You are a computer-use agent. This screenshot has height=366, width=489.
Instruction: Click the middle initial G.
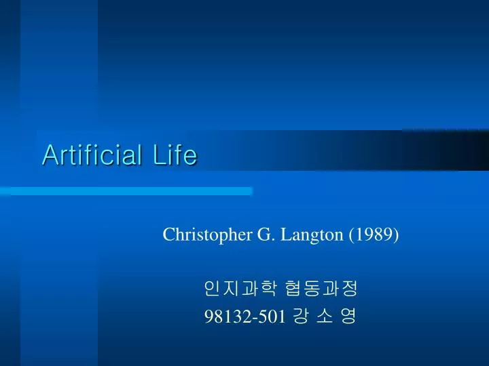coord(264,235)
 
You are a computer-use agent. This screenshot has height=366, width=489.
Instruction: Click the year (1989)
coord(374,235)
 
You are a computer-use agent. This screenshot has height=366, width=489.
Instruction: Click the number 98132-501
coord(244,317)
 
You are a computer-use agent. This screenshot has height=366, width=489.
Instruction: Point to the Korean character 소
coord(325,317)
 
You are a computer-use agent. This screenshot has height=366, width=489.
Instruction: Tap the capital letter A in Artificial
coord(48,155)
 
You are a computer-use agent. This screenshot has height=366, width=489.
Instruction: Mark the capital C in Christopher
coord(168,235)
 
